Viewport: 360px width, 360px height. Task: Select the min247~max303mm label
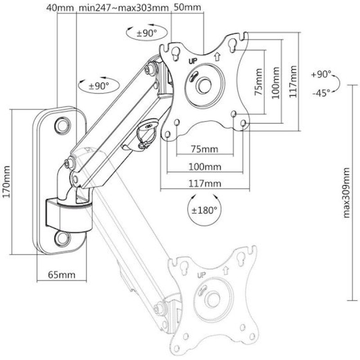123,8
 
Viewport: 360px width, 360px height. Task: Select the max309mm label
346,193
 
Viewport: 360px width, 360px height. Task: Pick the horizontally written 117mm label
205,184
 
